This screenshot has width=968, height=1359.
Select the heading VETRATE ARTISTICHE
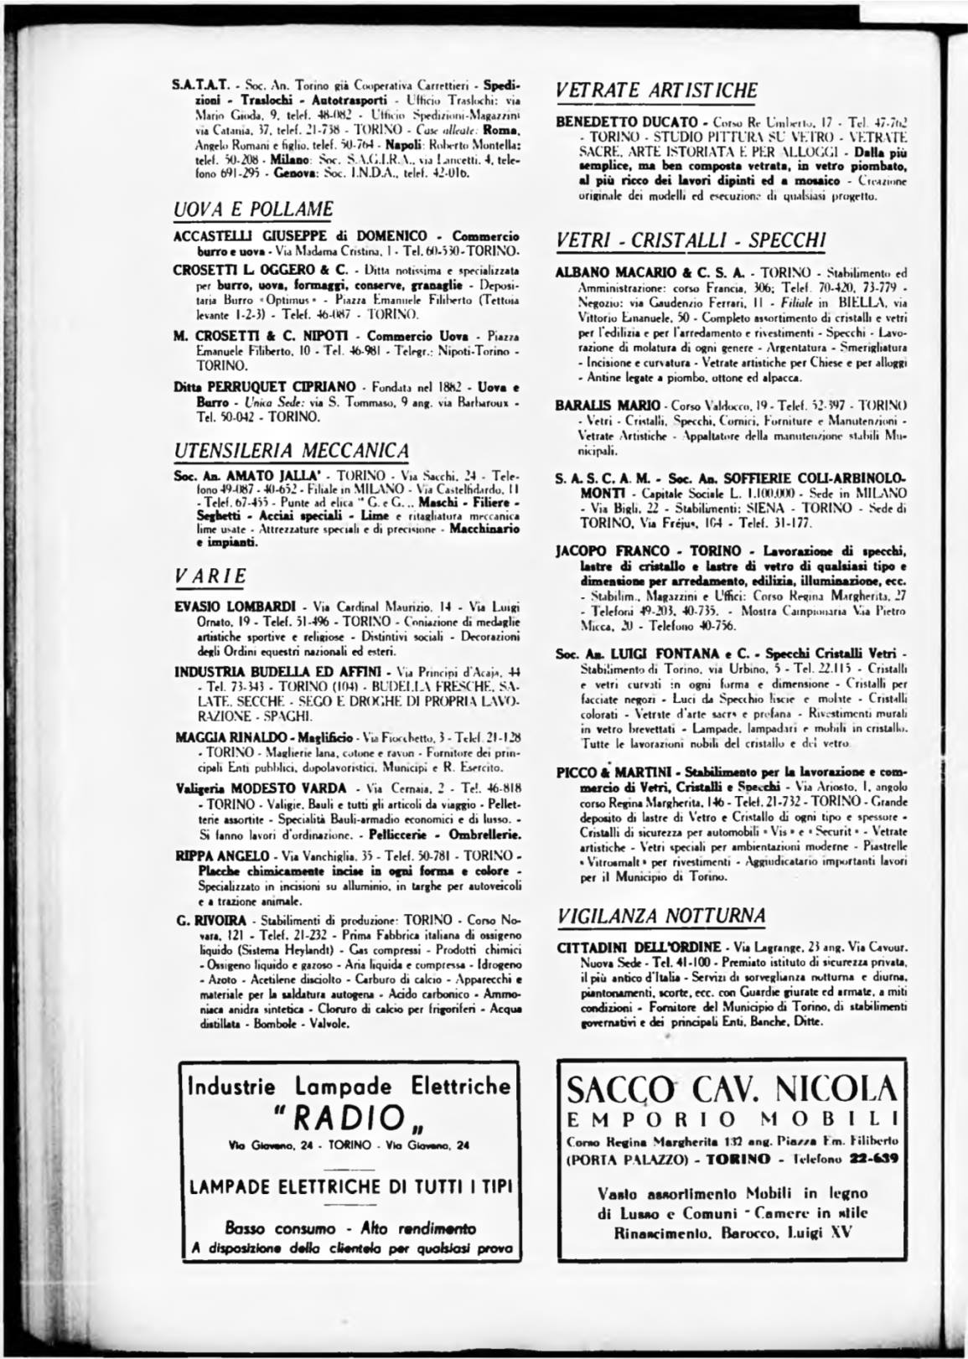pyautogui.click(x=656, y=90)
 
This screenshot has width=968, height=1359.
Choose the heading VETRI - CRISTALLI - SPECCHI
pyautogui.click(x=691, y=240)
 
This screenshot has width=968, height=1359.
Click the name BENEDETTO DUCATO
pyautogui.click(x=609, y=123)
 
